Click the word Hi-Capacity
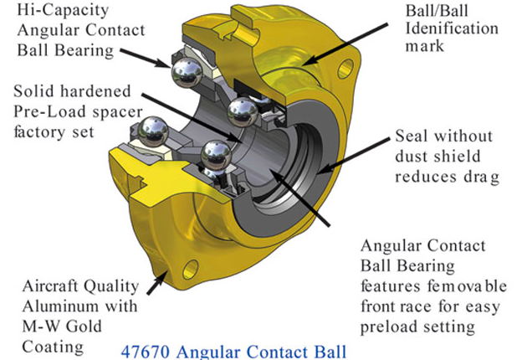[x=63, y=11]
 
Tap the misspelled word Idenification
[x=452, y=28]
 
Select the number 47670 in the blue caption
[x=146, y=352]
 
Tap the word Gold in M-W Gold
[x=84, y=327]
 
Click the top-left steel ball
[x=187, y=73]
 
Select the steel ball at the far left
[x=153, y=131]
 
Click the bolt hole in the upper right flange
[x=345, y=69]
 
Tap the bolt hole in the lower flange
[x=191, y=269]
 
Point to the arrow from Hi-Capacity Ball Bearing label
[x=146, y=59]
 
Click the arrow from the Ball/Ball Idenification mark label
[x=345, y=44]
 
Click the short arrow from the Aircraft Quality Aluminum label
[x=157, y=282]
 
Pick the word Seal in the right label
[x=412, y=136]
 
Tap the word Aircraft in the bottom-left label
[x=50, y=286]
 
